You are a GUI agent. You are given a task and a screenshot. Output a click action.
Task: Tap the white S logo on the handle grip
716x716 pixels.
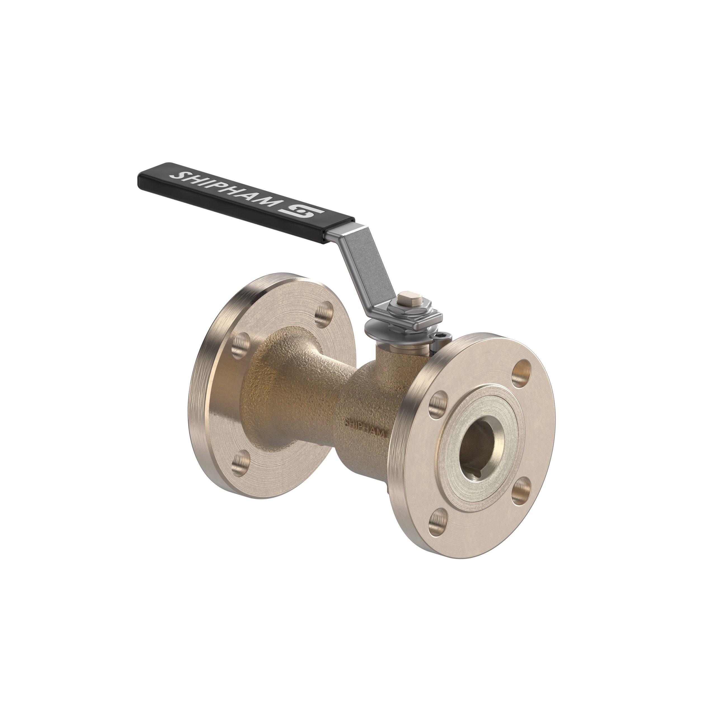pos(303,213)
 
